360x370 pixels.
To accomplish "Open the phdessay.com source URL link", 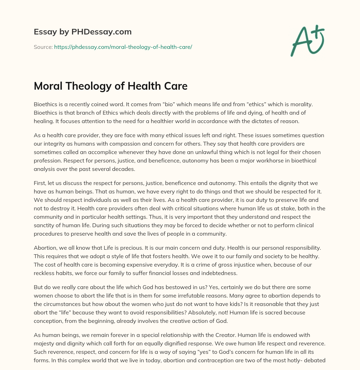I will click(123, 47).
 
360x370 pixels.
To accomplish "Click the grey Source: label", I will click(43, 47).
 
